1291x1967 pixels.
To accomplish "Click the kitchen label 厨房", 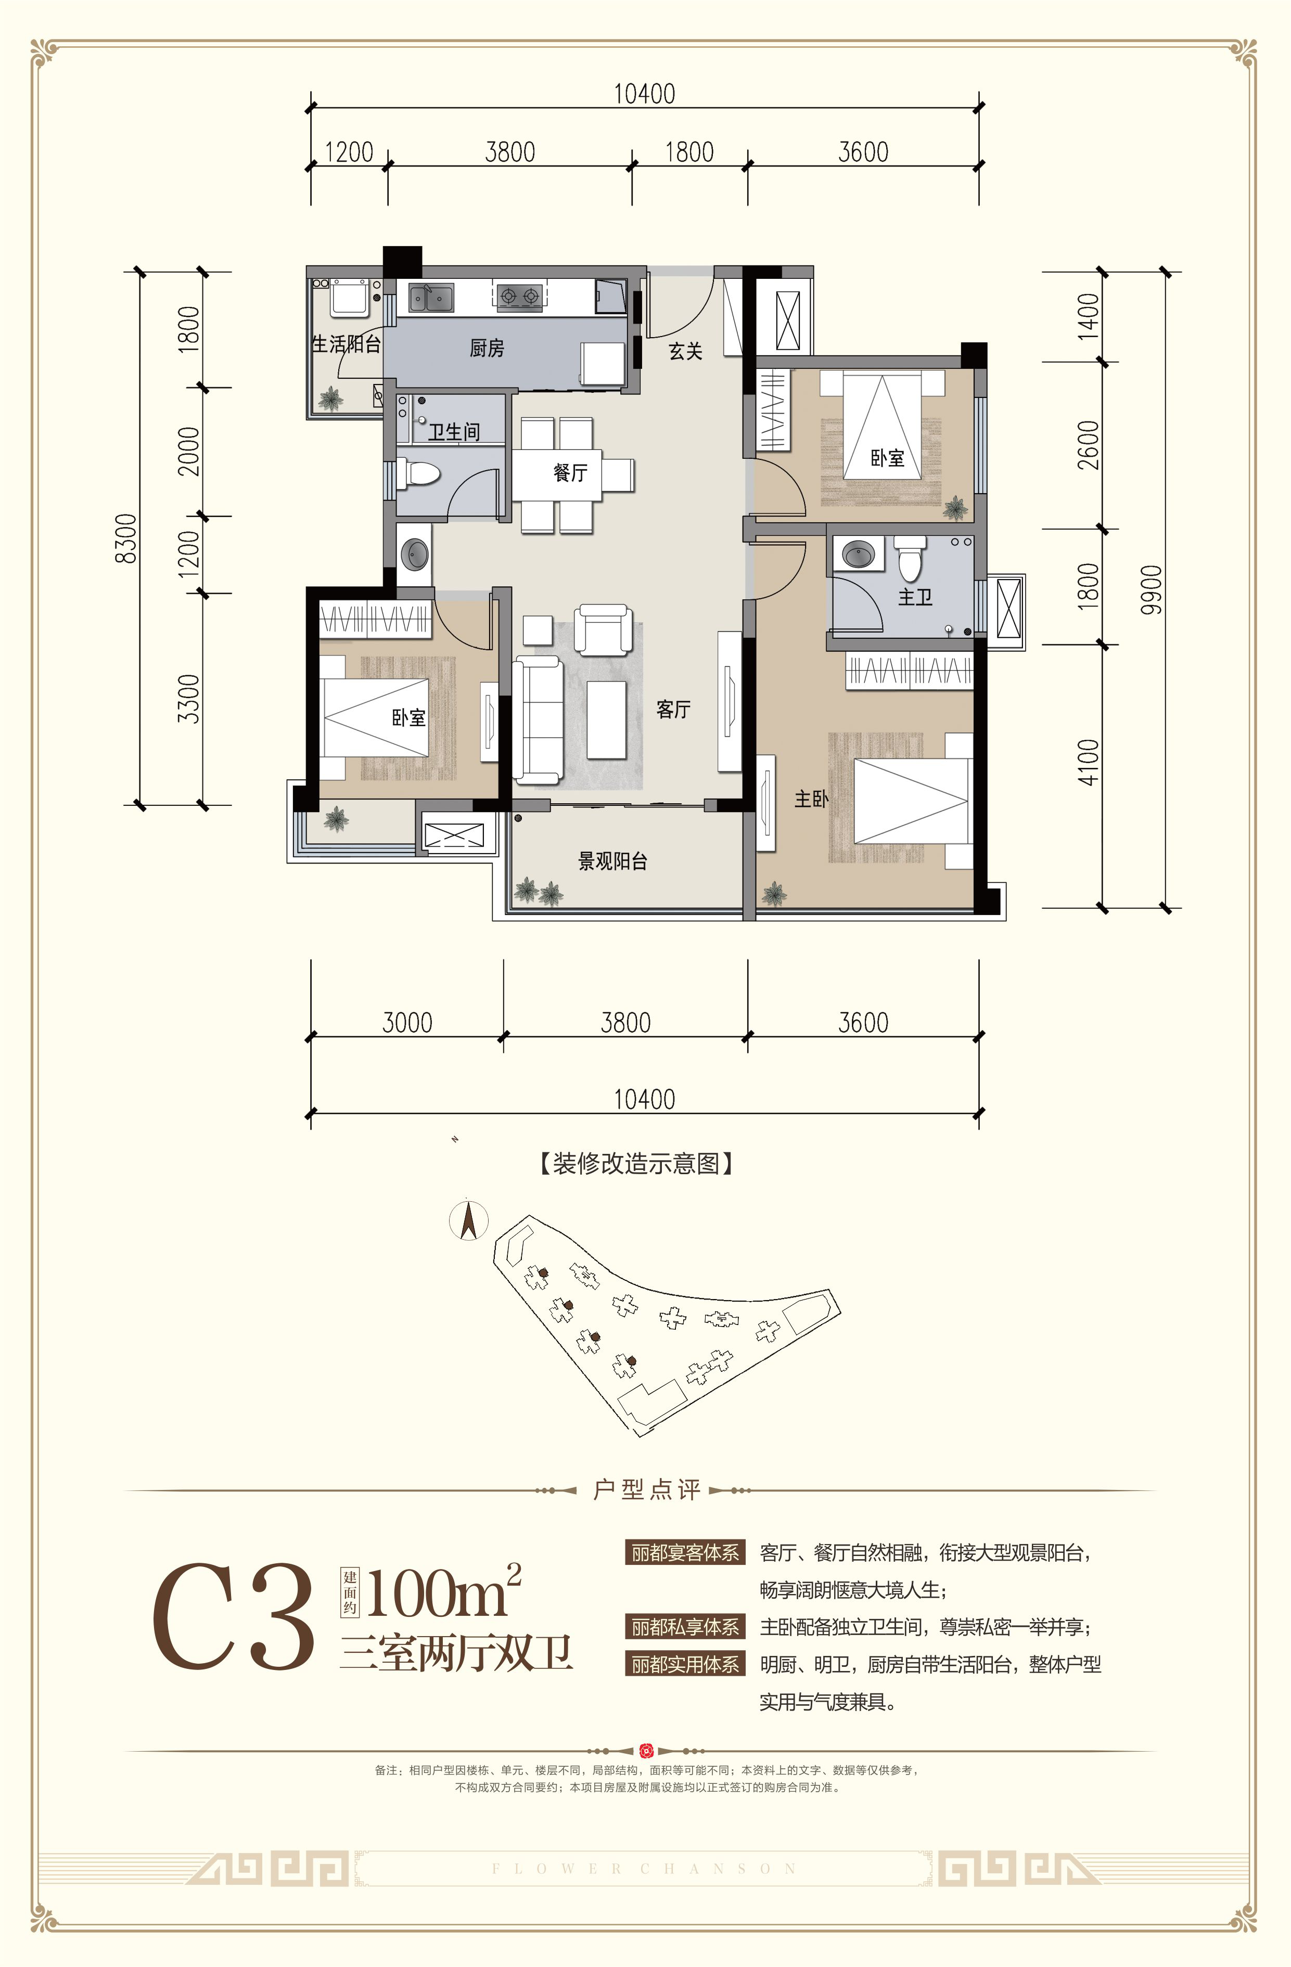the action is click(487, 349).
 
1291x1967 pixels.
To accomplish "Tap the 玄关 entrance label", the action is click(685, 352).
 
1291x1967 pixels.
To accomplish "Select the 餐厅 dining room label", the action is click(570, 473).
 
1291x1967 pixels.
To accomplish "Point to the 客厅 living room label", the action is click(674, 709).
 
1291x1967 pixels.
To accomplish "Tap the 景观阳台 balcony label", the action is click(612, 861).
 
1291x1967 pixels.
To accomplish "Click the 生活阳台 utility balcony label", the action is click(347, 344).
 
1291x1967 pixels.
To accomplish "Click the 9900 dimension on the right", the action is click(1152, 589).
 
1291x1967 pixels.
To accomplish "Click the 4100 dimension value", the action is click(1089, 762).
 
